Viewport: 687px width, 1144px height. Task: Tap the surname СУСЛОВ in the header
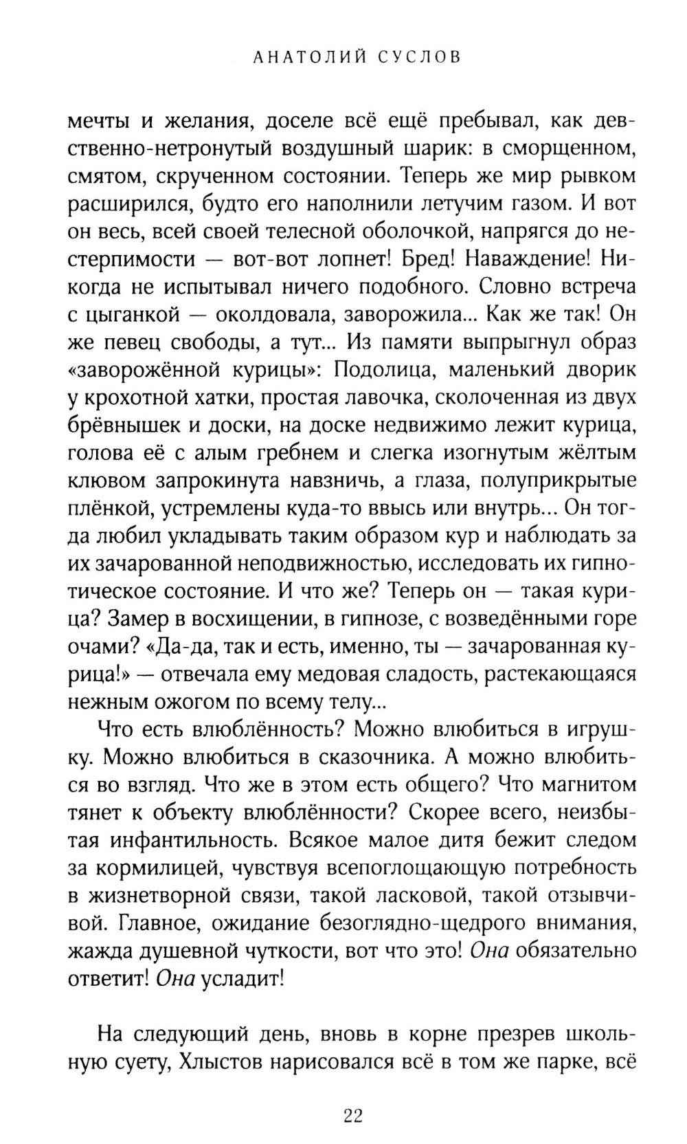coord(418,57)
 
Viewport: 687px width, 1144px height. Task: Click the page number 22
coord(352,1114)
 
